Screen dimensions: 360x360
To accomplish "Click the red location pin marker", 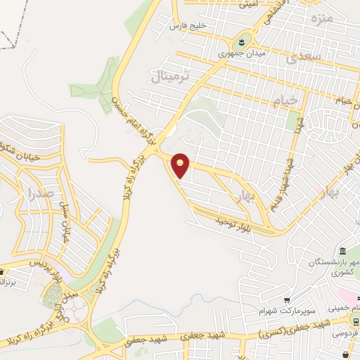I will tap(181, 165).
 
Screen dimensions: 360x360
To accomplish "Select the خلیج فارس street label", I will tap(189, 26).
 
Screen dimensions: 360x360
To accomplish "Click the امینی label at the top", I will tap(247, 5).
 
